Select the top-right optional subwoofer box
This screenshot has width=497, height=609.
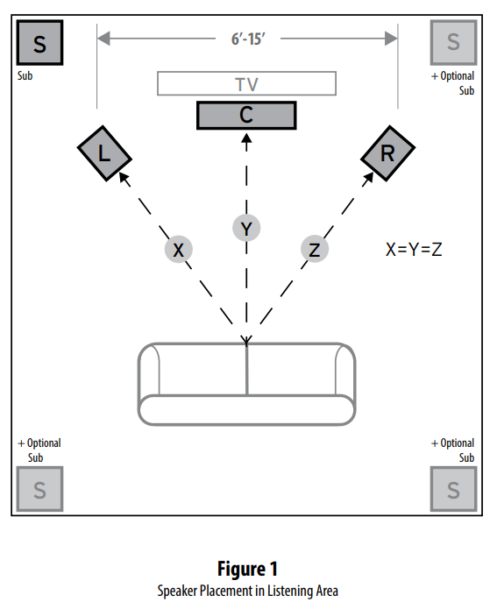tap(453, 41)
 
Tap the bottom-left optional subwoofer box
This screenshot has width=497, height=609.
tap(39, 489)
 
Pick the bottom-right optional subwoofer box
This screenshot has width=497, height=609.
tap(453, 489)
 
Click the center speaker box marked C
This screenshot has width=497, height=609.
tap(246, 115)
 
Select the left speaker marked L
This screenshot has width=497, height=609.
tap(104, 153)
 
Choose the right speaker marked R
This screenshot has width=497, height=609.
tap(387, 153)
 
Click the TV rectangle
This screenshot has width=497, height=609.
tap(246, 83)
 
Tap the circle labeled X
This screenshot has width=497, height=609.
tap(178, 250)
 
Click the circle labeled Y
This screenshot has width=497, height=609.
tap(246, 229)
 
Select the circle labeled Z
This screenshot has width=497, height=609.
tap(314, 250)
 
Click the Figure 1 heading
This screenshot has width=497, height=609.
tap(247, 570)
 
